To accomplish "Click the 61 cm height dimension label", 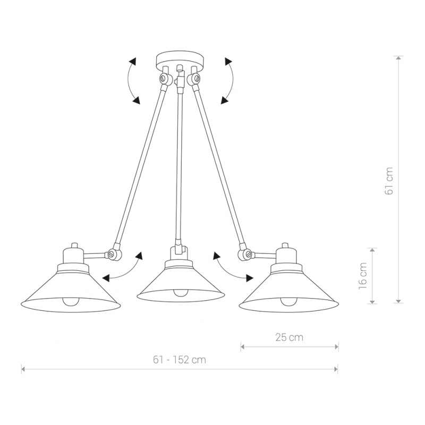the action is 389,181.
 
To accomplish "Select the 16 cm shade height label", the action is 363,276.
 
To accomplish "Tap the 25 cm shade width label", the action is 289,337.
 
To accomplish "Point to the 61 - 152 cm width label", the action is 180,360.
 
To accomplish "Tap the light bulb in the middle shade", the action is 181,293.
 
